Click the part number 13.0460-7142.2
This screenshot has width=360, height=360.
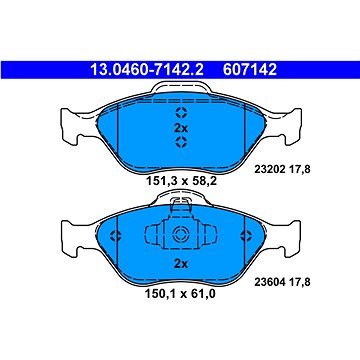coord(147,70)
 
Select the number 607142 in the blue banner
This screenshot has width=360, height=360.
coord(250,70)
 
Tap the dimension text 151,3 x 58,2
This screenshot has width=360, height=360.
coord(182,181)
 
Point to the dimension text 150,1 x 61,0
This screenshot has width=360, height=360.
coord(180,294)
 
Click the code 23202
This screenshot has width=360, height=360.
coord(270,169)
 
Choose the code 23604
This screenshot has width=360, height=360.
coord(270,282)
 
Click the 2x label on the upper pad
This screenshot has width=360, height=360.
coord(181,128)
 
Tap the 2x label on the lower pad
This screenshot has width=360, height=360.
coord(181,264)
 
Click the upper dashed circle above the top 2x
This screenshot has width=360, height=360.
coord(182,113)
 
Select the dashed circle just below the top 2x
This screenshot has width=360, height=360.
coord(182,142)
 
